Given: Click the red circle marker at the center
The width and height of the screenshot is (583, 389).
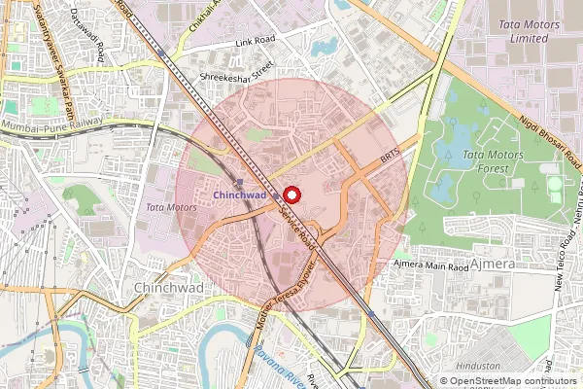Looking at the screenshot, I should (291, 194).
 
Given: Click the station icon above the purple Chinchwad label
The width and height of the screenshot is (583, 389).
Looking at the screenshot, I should (240, 182).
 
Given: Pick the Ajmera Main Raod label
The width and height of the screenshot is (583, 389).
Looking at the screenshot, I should (430, 264).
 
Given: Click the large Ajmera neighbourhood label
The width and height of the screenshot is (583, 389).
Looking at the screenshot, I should (493, 264).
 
